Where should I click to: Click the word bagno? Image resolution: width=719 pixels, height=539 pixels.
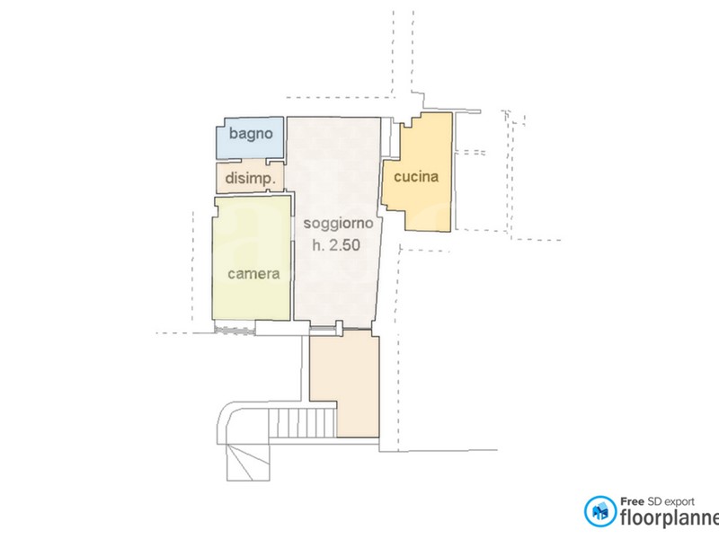251,134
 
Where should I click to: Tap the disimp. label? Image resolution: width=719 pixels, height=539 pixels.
251,178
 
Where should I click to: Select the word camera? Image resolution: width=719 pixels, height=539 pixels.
253,274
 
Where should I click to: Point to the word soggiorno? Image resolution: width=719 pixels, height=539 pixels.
339,223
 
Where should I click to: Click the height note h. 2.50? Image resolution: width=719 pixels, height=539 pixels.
336,245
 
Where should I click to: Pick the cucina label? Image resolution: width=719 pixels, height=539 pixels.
416,176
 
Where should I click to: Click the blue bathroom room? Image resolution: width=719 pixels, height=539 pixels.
250,138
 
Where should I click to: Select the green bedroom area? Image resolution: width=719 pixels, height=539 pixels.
252,258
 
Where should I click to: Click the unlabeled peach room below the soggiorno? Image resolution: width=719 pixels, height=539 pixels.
345,384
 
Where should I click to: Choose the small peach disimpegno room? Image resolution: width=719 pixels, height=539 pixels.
251,177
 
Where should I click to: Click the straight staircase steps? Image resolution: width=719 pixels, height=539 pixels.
303,423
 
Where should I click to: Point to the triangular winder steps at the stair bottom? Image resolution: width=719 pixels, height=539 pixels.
248,462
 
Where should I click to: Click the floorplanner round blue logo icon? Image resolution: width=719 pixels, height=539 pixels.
600,511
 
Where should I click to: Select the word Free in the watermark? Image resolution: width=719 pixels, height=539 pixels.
633,502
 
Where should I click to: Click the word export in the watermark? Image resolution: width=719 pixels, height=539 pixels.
678,502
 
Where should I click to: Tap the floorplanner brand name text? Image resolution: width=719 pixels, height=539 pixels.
670,518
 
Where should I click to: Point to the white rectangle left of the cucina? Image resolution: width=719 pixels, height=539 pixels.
387,136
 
